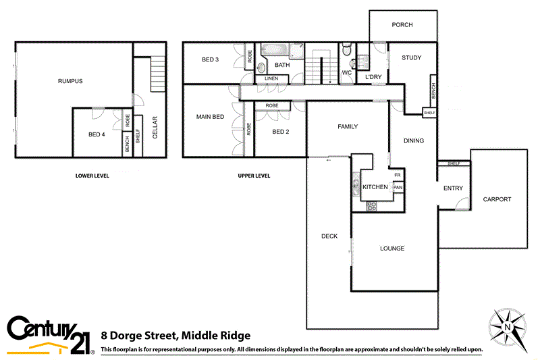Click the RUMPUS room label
(70, 81)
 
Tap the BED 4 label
(97, 134)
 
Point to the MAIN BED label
(209, 117)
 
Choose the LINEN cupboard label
(271, 79)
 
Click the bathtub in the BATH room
(275, 50)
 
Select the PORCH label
(402, 25)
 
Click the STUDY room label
(411, 58)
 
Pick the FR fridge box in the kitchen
(398, 175)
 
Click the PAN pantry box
(398, 187)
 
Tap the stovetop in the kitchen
(371, 207)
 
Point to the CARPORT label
(497, 199)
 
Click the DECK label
(329, 236)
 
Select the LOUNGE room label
(392, 249)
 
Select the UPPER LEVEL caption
(254, 176)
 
